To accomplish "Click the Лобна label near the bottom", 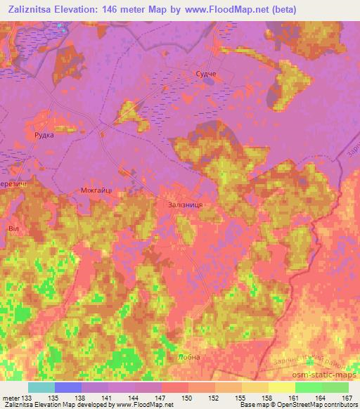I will tap(189, 357).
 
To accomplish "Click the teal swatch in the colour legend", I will tap(41, 387).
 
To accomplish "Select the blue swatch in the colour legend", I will tap(68, 387).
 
